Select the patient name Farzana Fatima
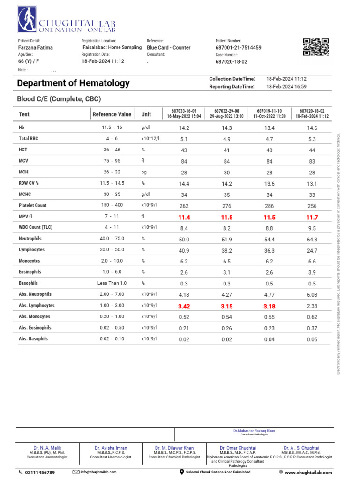(x=35, y=48)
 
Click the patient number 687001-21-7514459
(x=238, y=48)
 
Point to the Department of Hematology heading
(x=73, y=83)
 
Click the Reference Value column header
(x=112, y=114)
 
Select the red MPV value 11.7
(x=312, y=217)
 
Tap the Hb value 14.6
(x=312, y=128)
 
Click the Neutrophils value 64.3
(x=312, y=240)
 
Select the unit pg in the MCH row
(x=144, y=172)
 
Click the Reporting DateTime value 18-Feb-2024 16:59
(x=286, y=87)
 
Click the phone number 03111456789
(x=39, y=472)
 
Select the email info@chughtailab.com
(x=97, y=472)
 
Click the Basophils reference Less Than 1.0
(x=112, y=284)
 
